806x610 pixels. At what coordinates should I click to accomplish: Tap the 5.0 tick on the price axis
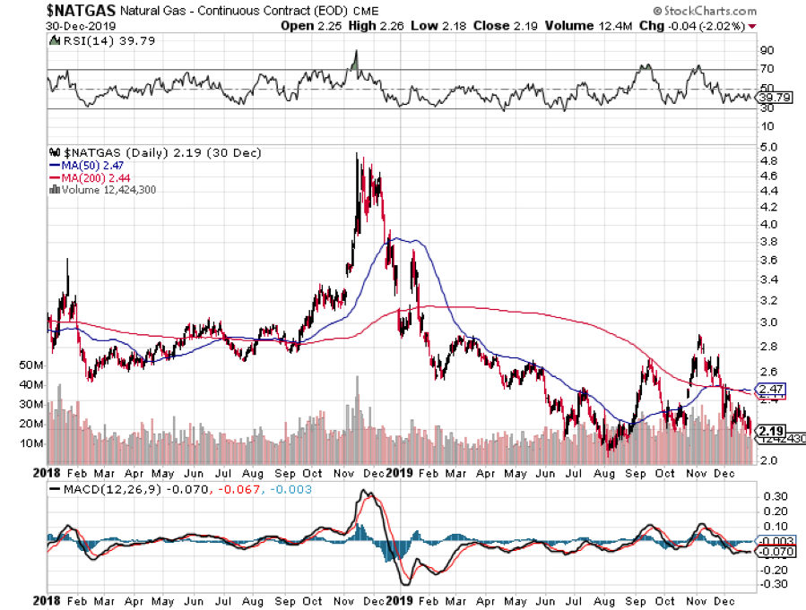coord(767,146)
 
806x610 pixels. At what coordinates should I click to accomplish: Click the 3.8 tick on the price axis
coord(767,242)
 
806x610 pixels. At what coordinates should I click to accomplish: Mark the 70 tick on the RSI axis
coord(767,69)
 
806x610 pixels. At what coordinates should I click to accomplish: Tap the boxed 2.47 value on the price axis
coord(771,390)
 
